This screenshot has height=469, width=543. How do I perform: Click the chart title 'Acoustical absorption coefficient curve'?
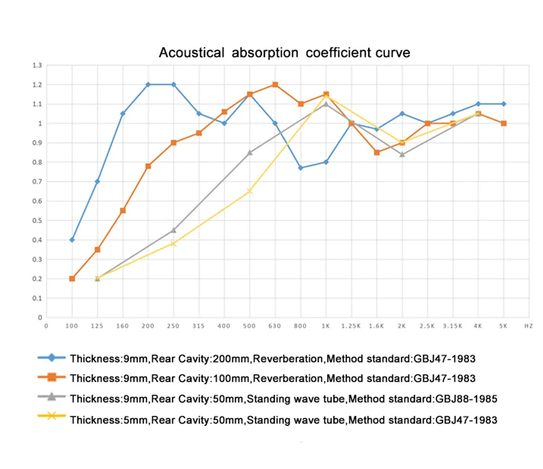(x=284, y=53)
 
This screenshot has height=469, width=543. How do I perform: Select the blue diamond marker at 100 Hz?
(x=72, y=240)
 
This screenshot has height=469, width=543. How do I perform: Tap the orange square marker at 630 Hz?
(x=275, y=85)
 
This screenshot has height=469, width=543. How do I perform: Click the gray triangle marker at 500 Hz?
(x=250, y=153)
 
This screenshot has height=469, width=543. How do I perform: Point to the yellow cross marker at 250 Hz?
(x=173, y=244)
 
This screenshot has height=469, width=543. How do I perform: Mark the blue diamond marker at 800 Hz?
(x=300, y=168)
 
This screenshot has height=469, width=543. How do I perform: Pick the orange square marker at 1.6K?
(x=376, y=153)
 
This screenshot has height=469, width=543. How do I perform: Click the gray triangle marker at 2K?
(x=402, y=154)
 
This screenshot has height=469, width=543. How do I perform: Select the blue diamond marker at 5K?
(x=503, y=104)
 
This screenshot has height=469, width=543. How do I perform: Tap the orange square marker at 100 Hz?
(x=72, y=278)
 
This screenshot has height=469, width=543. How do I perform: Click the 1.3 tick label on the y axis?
(x=37, y=65)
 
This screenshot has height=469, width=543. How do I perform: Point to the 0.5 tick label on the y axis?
(x=37, y=220)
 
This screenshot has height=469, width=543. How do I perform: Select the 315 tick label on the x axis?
(x=199, y=326)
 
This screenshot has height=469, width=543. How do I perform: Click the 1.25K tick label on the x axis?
(x=351, y=326)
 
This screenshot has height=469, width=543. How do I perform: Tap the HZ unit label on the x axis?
(x=528, y=326)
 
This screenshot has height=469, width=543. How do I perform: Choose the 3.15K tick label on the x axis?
(x=452, y=326)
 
